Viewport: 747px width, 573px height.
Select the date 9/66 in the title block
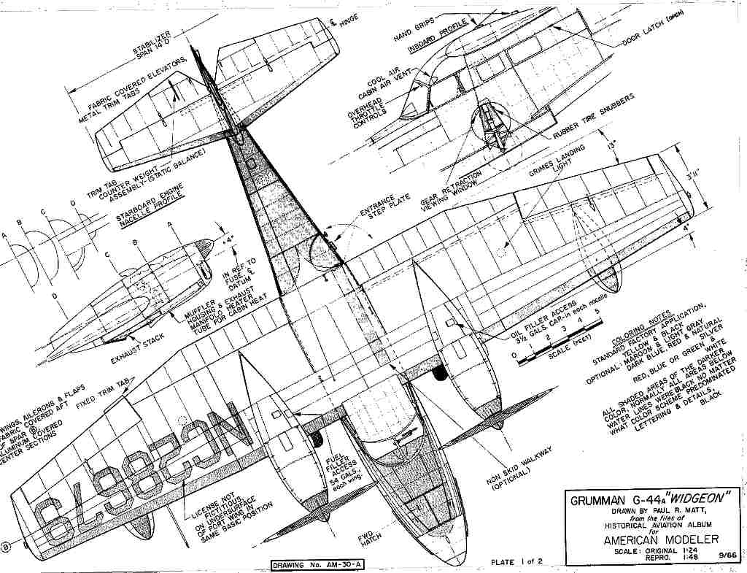point(727,555)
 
